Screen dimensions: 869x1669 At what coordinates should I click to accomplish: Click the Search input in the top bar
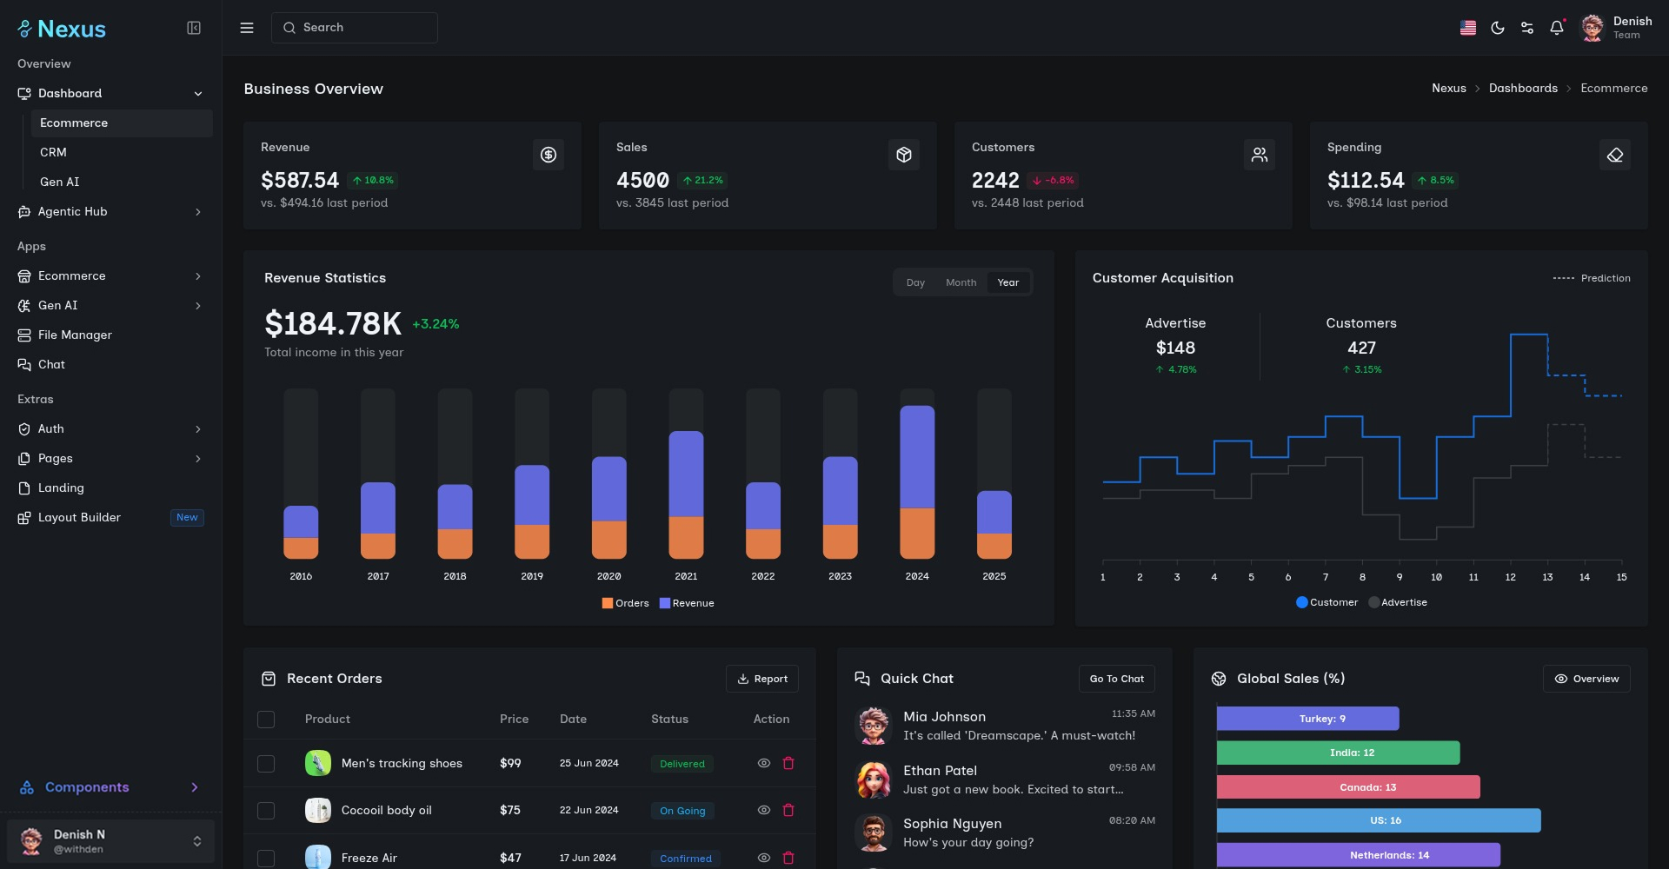[354, 28]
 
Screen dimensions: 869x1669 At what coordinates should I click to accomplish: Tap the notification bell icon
[1556, 28]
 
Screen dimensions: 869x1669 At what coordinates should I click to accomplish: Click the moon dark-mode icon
[1497, 28]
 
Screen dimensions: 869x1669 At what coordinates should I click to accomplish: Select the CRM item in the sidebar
[53, 152]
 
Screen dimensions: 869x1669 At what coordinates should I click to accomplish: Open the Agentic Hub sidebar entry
[73, 211]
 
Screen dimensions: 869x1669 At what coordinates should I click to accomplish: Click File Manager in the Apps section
[75, 335]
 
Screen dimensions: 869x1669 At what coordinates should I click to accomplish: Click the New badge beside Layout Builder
[187, 517]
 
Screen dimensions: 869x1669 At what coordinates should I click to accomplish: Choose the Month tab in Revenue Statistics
[961, 282]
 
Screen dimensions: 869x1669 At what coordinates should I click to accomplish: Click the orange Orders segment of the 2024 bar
[916, 533]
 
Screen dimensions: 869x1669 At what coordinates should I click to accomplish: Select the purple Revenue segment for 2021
[686, 474]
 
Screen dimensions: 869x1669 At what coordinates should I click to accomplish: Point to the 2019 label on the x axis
[532, 576]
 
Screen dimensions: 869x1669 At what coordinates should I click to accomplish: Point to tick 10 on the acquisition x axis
[1436, 577]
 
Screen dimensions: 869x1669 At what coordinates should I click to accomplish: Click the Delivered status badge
[682, 764]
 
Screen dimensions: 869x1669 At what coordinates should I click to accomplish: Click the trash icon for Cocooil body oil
[788, 810]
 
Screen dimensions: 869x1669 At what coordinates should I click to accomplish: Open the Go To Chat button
[1116, 679]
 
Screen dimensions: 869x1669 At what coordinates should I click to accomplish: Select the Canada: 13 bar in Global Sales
[1347, 787]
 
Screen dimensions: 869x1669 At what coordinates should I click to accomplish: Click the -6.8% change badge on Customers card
[1053, 180]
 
